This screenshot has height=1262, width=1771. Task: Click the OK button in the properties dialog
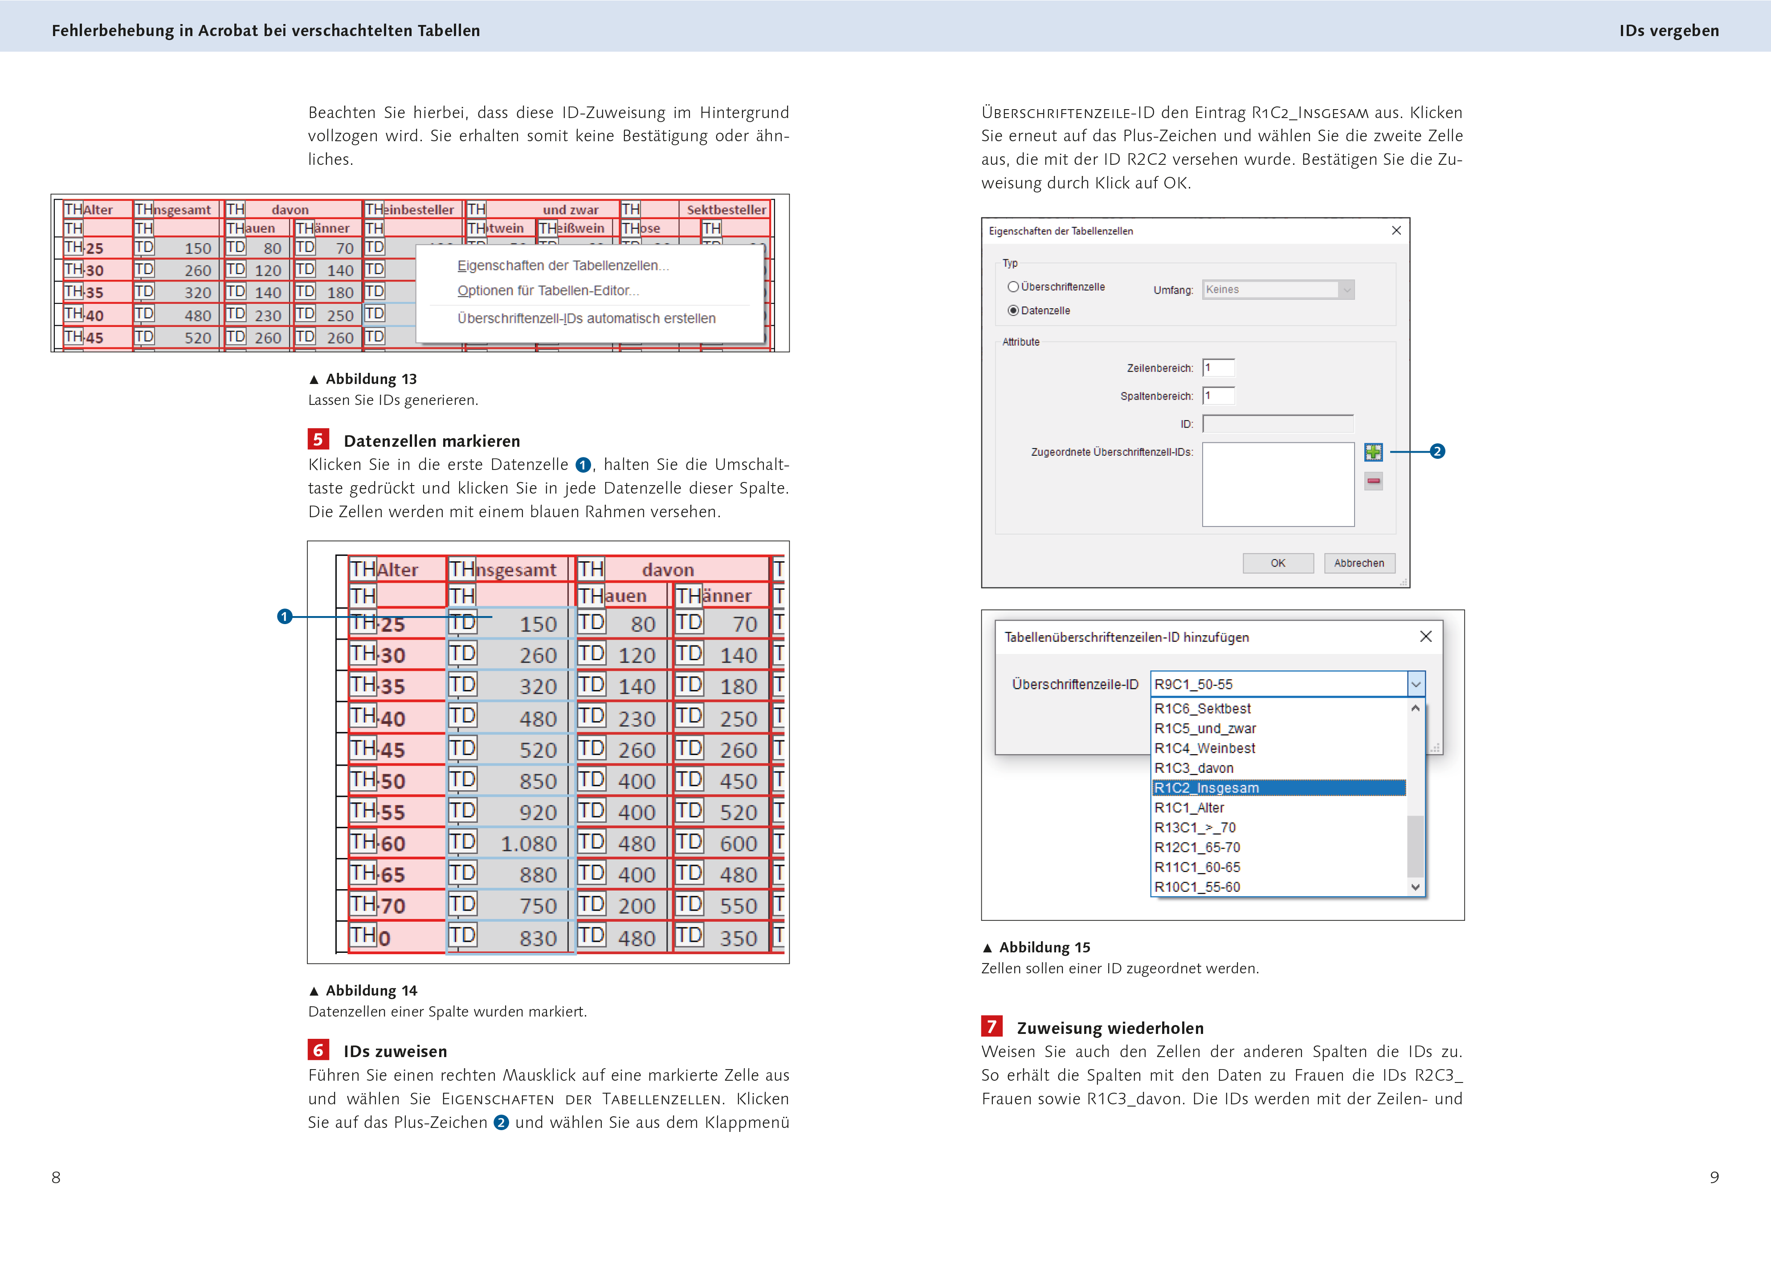[1277, 564]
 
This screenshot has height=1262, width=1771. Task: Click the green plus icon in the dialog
[1373, 452]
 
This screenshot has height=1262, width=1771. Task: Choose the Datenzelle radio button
[1013, 311]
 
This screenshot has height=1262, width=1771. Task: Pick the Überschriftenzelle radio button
[1013, 287]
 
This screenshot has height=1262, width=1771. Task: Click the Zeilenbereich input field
[1218, 368]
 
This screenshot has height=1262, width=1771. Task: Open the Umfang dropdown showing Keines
[1277, 290]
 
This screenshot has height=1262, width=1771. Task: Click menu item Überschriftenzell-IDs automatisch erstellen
[586, 319]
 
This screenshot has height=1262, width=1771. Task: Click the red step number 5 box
[318, 440]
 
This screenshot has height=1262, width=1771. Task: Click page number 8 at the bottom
[56, 1177]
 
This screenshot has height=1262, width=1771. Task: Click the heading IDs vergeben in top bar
[1669, 31]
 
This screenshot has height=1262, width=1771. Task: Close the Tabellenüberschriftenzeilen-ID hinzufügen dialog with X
[1425, 637]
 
